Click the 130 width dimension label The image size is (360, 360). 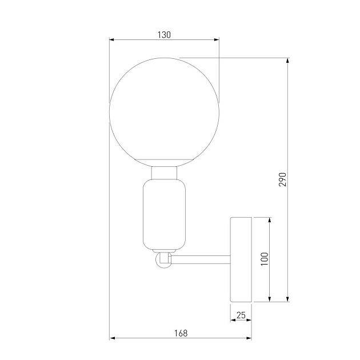pyautogui.click(x=164, y=35)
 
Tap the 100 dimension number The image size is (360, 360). pyautogui.click(x=264, y=259)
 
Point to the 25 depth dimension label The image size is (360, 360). pyautogui.click(x=241, y=315)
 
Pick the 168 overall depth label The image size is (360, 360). pyautogui.click(x=181, y=333)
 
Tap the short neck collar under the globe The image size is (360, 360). pyautogui.click(x=164, y=172)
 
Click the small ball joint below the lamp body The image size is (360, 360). pyautogui.click(x=163, y=260)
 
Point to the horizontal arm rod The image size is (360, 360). pyautogui.click(x=200, y=260)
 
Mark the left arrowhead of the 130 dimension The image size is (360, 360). pyautogui.click(x=112, y=40)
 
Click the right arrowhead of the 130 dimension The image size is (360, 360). pyautogui.click(x=216, y=40)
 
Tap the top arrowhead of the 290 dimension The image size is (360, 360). pyautogui.click(x=288, y=61)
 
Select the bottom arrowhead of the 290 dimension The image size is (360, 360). pyautogui.click(x=288, y=298)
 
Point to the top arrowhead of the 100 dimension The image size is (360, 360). pyautogui.click(x=270, y=220)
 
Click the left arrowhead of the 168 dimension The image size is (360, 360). pyautogui.click(x=112, y=338)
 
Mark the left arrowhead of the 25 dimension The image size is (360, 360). pyautogui.click(x=233, y=321)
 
